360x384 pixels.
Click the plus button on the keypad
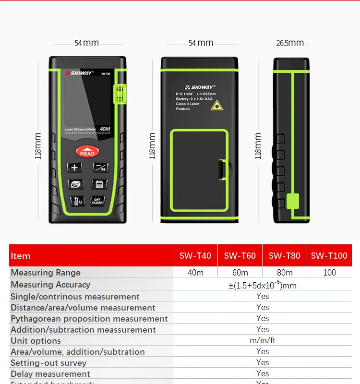point(74,168)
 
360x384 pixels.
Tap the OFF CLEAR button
point(97,201)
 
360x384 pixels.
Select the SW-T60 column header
point(240,256)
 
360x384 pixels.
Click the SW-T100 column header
point(329,256)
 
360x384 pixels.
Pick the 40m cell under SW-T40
point(195,273)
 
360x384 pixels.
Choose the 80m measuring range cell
point(285,273)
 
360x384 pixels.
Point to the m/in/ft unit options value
point(263,340)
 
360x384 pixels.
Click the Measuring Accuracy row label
point(50,285)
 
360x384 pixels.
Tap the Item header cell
point(21,256)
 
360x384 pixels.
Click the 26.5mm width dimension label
point(290,43)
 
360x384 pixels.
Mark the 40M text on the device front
point(105,129)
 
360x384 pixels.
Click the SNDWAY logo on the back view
point(194,87)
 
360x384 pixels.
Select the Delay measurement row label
point(50,374)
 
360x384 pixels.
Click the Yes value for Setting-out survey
point(263,362)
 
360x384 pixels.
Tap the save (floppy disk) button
point(98,184)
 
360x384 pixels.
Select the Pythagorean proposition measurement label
point(89,319)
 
